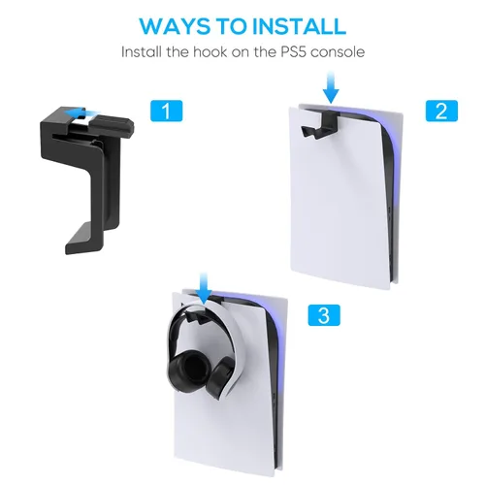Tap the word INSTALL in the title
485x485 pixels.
(x=299, y=26)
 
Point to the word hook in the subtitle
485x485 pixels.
(x=210, y=52)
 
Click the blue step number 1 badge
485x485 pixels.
(x=167, y=111)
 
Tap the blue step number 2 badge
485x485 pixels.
(x=441, y=111)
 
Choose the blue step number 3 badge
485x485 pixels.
(x=324, y=315)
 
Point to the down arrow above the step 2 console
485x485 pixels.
(x=331, y=87)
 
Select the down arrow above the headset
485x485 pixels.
(x=204, y=288)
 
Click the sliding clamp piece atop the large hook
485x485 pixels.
(x=112, y=124)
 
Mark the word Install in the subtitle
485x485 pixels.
(x=141, y=52)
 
